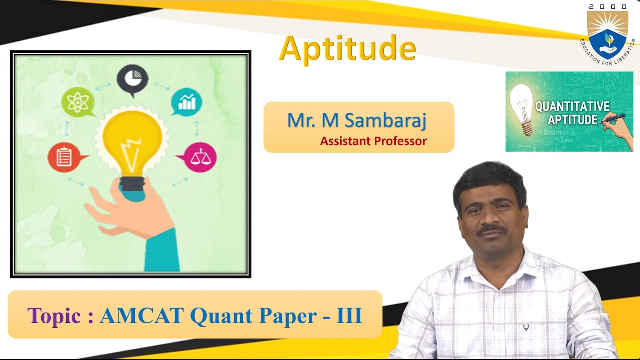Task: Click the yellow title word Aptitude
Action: (x=347, y=49)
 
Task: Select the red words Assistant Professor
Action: (x=373, y=141)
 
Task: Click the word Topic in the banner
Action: (x=54, y=316)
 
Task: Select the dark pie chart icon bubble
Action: (x=132, y=79)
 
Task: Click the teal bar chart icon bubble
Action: (x=186, y=102)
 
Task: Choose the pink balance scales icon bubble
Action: (x=200, y=157)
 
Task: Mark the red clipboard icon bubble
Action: (x=64, y=157)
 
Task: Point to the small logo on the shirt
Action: (x=526, y=328)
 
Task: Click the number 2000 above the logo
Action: (x=608, y=7)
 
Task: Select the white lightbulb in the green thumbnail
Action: (x=522, y=108)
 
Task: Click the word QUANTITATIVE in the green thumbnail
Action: (x=572, y=106)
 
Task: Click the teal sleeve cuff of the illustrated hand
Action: (x=162, y=250)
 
